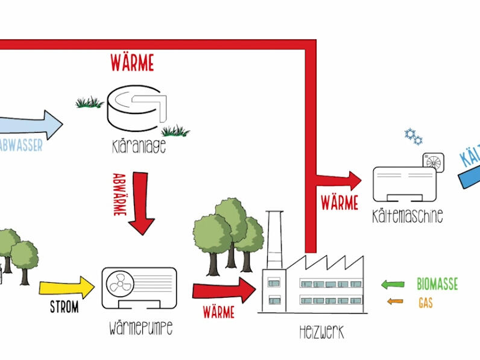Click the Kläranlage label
(139, 147)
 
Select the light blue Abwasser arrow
(31, 125)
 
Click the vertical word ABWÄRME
(119, 195)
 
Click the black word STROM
(65, 307)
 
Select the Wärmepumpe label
(141, 329)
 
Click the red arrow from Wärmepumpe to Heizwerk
(224, 290)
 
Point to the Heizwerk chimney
(274, 240)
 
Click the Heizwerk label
(322, 332)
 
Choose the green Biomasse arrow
(393, 285)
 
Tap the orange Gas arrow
(395, 302)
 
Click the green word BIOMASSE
(437, 284)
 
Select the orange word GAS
(426, 303)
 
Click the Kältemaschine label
(408, 216)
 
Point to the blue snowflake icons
(413, 136)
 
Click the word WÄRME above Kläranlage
(132, 63)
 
